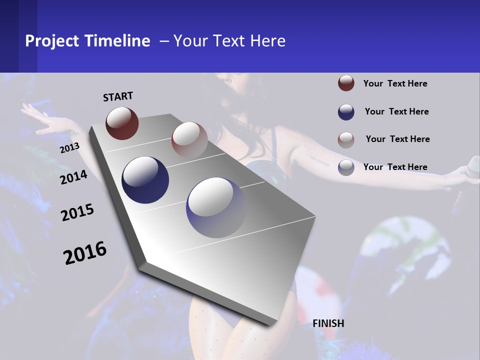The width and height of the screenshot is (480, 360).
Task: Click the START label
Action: pyautogui.click(x=118, y=96)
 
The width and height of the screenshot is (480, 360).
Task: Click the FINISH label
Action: pyautogui.click(x=328, y=323)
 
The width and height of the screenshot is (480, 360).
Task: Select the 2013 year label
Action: pyautogui.click(x=70, y=148)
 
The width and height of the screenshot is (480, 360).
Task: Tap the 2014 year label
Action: pyautogui.click(x=73, y=177)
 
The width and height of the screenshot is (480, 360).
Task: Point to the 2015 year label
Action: pyautogui.click(x=77, y=212)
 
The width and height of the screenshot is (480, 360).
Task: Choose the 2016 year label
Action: pyautogui.click(x=85, y=252)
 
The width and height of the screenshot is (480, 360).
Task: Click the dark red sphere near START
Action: pyautogui.click(x=122, y=123)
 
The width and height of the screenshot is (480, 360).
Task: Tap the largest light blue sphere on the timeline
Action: pyautogui.click(x=216, y=207)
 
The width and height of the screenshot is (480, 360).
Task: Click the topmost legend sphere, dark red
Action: pyautogui.click(x=346, y=83)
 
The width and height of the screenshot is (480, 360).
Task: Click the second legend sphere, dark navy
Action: pyautogui.click(x=346, y=111)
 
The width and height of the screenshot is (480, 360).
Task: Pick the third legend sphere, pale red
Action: pyautogui.click(x=346, y=139)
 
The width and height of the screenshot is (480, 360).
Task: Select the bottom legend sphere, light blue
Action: pyautogui.click(x=346, y=167)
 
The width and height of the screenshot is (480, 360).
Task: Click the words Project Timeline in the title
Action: pyautogui.click(x=87, y=41)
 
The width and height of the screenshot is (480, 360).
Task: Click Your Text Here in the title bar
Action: pyautogui.click(x=229, y=41)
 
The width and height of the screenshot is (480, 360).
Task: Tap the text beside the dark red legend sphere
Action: pyautogui.click(x=395, y=83)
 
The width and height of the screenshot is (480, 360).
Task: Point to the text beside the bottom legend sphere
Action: pyautogui.click(x=395, y=167)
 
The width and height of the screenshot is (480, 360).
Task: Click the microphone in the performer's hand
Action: pyautogui.click(x=472, y=167)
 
